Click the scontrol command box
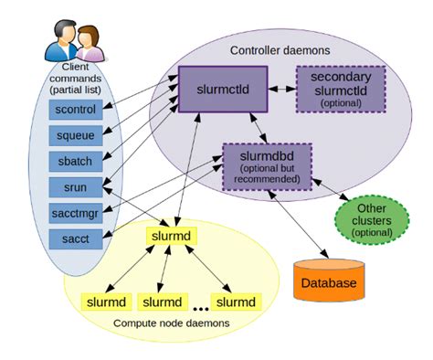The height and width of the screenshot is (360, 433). [x=74, y=111]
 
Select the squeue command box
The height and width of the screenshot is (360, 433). [x=74, y=137]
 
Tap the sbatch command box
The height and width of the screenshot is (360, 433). [x=74, y=163]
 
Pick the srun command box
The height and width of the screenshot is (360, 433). [x=74, y=188]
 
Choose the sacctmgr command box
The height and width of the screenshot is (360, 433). [x=74, y=214]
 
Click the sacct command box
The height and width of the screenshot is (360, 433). [x=74, y=239]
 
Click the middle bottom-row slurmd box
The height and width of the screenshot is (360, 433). [x=162, y=301]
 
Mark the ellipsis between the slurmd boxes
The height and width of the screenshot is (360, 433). [x=200, y=302]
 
